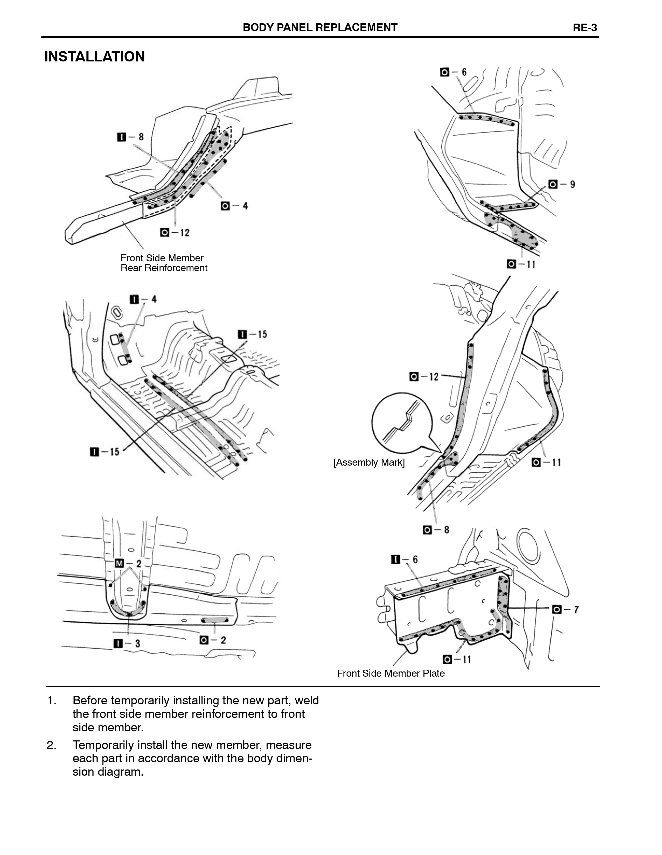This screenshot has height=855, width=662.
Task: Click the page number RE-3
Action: point(585,28)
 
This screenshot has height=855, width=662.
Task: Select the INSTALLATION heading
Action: point(94,57)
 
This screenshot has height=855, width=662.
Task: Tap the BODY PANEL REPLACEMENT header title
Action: point(320,27)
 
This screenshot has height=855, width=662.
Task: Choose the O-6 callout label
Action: point(453,72)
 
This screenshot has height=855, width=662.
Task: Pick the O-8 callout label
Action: point(436,530)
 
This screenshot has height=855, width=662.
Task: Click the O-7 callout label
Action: point(565,609)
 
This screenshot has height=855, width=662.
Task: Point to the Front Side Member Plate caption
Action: point(391,673)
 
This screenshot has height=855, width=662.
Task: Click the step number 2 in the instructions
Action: point(51,745)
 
